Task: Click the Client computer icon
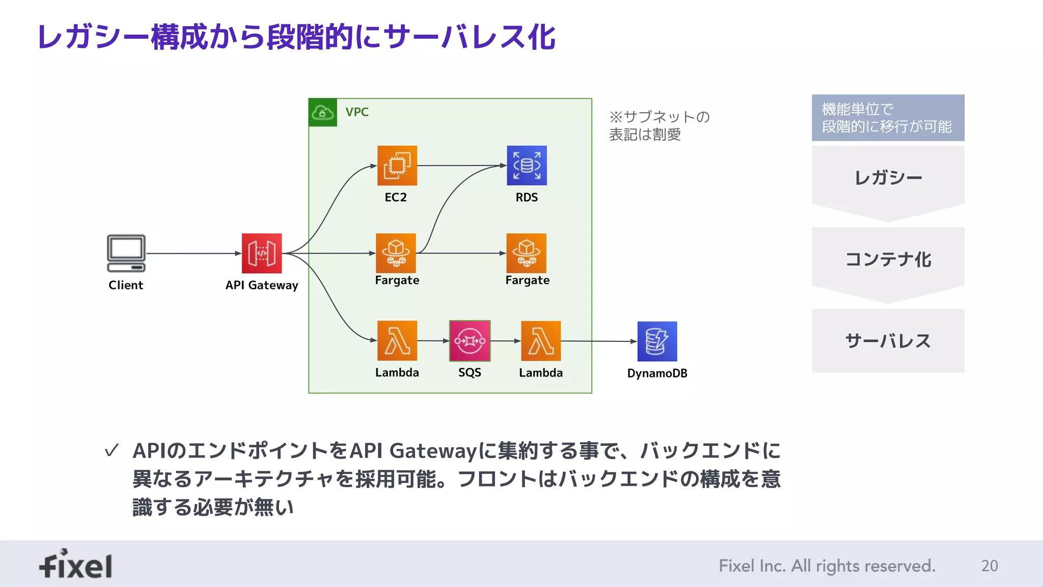pyautogui.click(x=126, y=253)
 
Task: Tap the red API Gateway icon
pyautogui.click(x=262, y=253)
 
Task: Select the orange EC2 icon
pyautogui.click(x=397, y=166)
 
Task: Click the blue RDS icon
pyautogui.click(x=527, y=166)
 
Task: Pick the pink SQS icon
pyautogui.click(x=470, y=341)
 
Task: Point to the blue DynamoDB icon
pyautogui.click(x=657, y=341)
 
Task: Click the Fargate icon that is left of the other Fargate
pyautogui.click(x=396, y=253)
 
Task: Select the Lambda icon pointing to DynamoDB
pyautogui.click(x=541, y=341)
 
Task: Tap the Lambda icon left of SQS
pyautogui.click(x=397, y=341)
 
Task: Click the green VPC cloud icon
pyautogui.click(x=323, y=112)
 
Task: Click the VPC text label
pyautogui.click(x=357, y=112)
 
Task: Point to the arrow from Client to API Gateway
pyautogui.click(x=194, y=253)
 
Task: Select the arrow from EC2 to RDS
pyautogui.click(x=461, y=166)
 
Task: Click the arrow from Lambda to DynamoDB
pyautogui.click(x=599, y=341)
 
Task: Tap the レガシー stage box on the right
pyautogui.click(x=888, y=178)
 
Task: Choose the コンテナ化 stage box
pyautogui.click(x=888, y=260)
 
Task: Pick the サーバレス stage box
pyautogui.click(x=888, y=340)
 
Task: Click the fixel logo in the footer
pyautogui.click(x=76, y=565)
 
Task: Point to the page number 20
pyautogui.click(x=989, y=566)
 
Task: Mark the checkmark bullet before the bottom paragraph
pyautogui.click(x=112, y=450)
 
